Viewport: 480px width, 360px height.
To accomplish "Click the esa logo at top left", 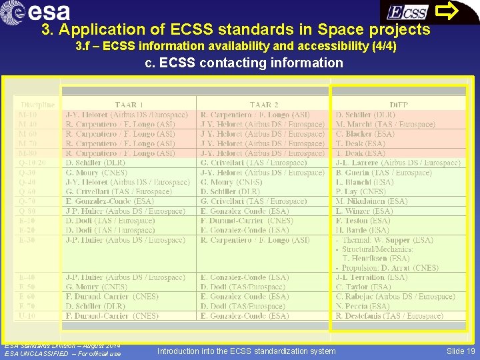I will pyautogui.click(x=39, y=12).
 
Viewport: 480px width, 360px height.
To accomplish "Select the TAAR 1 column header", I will pyautogui.click(x=129, y=104).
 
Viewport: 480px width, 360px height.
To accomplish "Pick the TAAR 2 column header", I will pyautogui.click(x=265, y=104).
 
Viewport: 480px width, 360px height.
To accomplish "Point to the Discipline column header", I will pyautogui.click(x=38, y=104).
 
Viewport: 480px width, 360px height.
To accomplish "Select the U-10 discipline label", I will pyautogui.click(x=28, y=315).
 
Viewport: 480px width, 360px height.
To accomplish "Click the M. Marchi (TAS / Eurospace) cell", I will pyautogui.click(x=385, y=124).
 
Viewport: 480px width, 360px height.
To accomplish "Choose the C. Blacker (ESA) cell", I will pyautogui.click(x=365, y=134).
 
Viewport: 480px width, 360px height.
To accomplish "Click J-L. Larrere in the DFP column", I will pyautogui.click(x=398, y=163).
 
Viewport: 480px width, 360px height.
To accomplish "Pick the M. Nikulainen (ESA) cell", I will pyautogui.click(x=372, y=201).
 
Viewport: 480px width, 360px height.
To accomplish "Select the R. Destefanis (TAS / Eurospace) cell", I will pyautogui.click(x=389, y=315).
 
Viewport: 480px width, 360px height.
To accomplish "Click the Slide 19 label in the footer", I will pyautogui.click(x=461, y=351).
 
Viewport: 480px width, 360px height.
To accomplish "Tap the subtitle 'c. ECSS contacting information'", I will pyautogui.click(x=244, y=63).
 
